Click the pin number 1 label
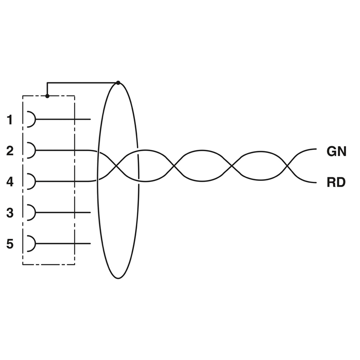(10, 120)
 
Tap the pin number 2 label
(10, 151)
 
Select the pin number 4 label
(10, 182)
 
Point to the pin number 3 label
(10, 213)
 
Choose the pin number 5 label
(10, 244)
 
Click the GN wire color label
(336, 152)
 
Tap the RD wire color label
(336, 183)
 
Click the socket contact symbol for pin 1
(31, 119)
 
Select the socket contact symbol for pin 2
(31, 150)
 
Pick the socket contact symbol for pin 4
(31, 181)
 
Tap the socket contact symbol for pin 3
(31, 212)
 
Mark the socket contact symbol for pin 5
(31, 243)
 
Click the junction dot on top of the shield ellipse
(118, 82)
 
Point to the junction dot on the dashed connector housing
(47, 96)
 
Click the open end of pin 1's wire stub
(90, 119)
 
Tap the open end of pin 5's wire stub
(90, 243)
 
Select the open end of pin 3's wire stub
(90, 212)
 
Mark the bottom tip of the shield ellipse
(117, 279)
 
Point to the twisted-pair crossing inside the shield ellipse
(116, 166)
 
